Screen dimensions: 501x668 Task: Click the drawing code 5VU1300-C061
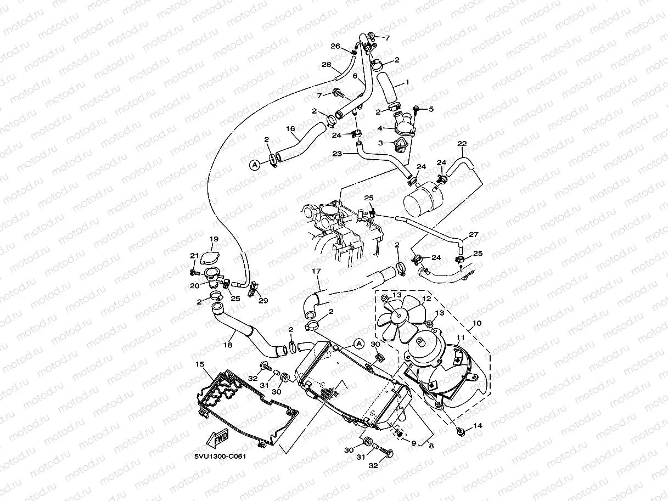coord(219,455)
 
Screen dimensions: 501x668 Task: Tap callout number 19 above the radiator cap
coord(214,239)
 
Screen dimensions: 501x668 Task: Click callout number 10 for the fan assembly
coord(476,323)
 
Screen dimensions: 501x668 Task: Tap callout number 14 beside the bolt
coord(477,426)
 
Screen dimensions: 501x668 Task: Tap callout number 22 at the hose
coord(462,144)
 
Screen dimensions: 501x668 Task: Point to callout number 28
coord(327,65)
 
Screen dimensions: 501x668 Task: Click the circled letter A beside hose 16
coord(255,164)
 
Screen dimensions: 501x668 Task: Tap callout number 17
coord(316,271)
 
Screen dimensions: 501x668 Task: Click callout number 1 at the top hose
coord(407,82)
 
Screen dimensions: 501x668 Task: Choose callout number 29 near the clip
coord(263,301)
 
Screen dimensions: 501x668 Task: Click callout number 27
coord(473,234)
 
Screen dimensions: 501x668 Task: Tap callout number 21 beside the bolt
coord(194,255)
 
